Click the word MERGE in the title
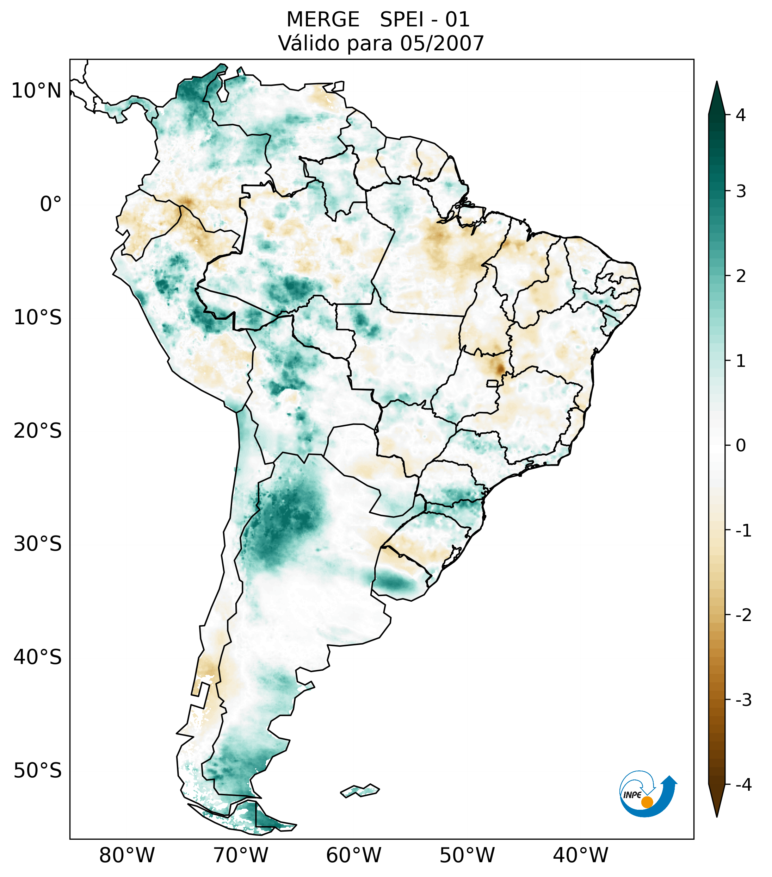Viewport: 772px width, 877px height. click(x=322, y=20)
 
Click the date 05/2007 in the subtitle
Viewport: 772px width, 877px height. click(x=442, y=43)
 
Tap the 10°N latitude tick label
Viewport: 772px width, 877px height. click(x=36, y=91)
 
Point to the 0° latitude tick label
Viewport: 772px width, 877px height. click(x=51, y=204)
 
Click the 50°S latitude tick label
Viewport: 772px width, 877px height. click(x=38, y=771)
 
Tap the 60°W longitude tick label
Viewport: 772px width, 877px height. click(x=353, y=855)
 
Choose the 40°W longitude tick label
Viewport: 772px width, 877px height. click(x=580, y=855)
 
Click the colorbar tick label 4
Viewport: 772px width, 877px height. click(x=741, y=115)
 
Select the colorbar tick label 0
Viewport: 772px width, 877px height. click(x=741, y=446)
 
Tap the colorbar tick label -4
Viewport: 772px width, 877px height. click(x=743, y=785)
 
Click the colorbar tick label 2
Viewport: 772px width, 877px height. click(x=741, y=276)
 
